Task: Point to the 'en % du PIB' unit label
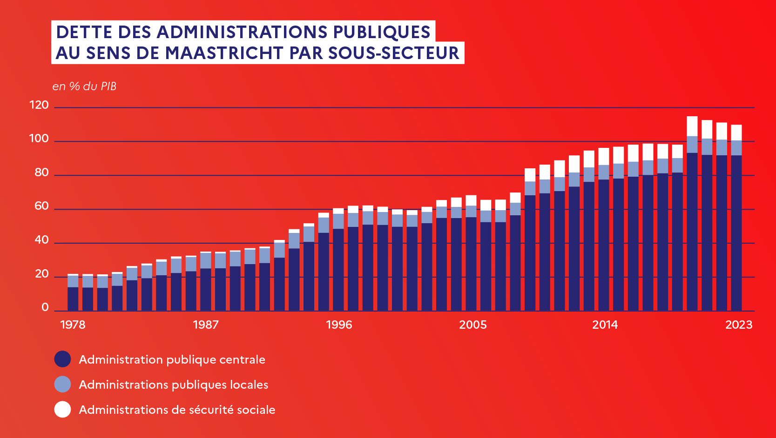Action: [x=84, y=86]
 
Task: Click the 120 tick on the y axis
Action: [x=39, y=105]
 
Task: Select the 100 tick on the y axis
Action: [x=39, y=139]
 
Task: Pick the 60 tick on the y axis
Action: [x=41, y=206]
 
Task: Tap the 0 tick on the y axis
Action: [x=45, y=307]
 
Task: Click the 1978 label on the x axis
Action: [x=73, y=325]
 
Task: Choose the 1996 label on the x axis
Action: [x=339, y=325]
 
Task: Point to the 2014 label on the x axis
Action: [x=605, y=325]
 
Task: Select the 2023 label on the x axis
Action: [x=739, y=325]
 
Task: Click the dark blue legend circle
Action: [x=62, y=359]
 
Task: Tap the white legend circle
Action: [x=62, y=410]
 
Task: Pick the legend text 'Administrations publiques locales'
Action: [x=173, y=385]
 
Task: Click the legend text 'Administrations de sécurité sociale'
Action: [x=177, y=410]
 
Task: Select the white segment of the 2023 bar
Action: [x=736, y=133]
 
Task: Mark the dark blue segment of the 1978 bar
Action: [x=73, y=299]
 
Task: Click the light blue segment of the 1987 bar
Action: [x=206, y=260]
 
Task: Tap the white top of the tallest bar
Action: [x=692, y=126]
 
